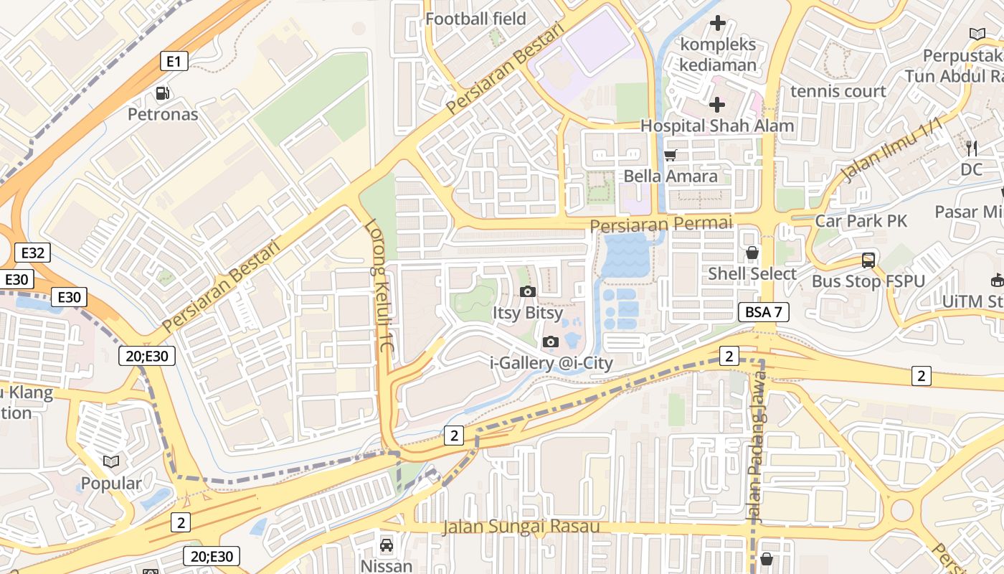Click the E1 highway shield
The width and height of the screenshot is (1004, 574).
pos(174,62)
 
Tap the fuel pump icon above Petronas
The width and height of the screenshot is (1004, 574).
pos(163,93)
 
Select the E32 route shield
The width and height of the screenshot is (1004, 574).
pos(33,253)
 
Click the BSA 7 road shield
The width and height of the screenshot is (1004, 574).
pos(764,312)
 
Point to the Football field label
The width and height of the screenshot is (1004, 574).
pos(475,19)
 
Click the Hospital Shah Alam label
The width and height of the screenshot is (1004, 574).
pos(716,126)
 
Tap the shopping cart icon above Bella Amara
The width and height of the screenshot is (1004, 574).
pos(671,155)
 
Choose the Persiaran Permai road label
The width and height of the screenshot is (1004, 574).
pos(660,225)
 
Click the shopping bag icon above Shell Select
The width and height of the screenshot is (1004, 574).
pos(752,253)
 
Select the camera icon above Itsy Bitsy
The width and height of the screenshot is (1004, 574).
pos(528,291)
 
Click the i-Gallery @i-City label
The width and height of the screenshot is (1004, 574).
pos(551,363)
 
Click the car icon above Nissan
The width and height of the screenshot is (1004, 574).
pos(387,545)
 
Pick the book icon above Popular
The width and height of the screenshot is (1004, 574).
pos(110,462)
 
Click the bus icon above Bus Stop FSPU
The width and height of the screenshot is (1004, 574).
pos(868,260)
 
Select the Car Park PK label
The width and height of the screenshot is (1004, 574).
pos(861,220)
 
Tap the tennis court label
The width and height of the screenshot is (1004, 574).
pos(838,91)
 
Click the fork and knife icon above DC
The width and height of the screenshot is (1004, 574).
pos(972,149)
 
